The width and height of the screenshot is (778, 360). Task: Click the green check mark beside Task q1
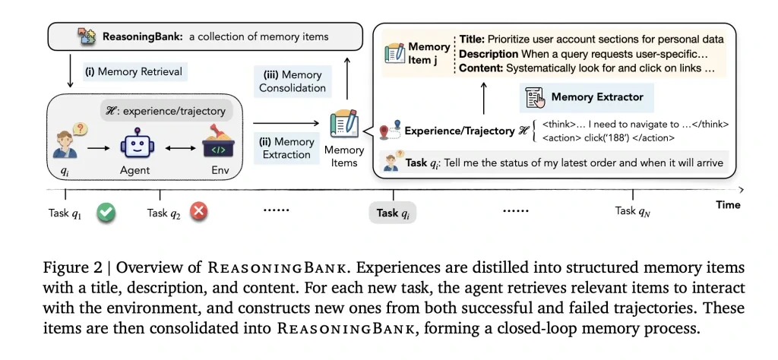point(106,213)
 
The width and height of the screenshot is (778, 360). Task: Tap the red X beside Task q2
point(198,213)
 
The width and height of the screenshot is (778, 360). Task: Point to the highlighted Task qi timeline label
point(394,213)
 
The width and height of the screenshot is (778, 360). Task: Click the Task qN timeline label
point(633,211)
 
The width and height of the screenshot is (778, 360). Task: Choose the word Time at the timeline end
point(728,205)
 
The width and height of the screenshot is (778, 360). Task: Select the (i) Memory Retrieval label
point(134,72)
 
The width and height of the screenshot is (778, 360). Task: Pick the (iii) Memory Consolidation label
point(290,81)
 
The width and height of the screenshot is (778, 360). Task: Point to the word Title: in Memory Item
point(472,39)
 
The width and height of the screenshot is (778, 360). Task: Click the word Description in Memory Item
point(489,54)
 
